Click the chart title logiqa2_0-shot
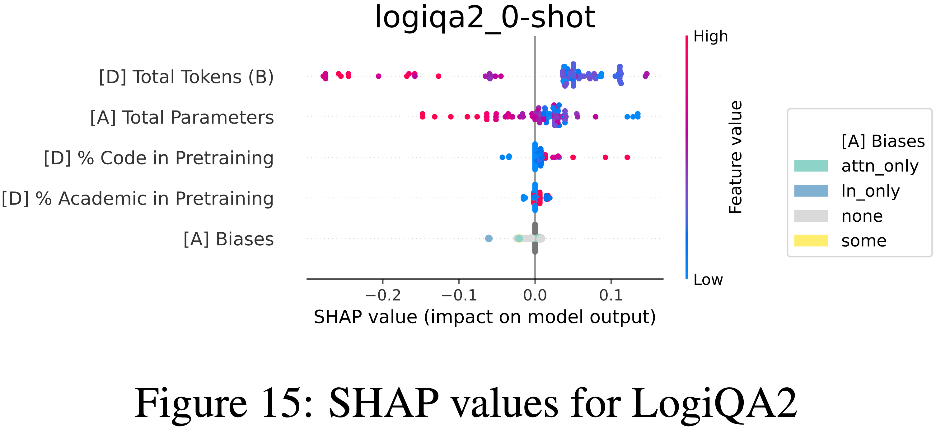coord(485,17)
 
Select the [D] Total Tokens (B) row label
coord(186,77)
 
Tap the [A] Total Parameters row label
coord(182,117)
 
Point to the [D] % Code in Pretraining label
coord(158,158)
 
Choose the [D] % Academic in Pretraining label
coord(137,199)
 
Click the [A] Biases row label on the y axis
coord(228,239)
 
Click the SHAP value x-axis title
coord(485,317)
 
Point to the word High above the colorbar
coord(710,37)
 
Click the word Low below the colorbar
coord(708,280)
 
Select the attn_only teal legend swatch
coord(811,166)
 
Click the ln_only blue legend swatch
coord(811,191)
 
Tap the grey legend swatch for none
coord(811,216)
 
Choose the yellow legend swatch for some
coord(811,241)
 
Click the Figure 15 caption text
coord(466,403)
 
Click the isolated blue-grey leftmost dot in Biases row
coord(489,238)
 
